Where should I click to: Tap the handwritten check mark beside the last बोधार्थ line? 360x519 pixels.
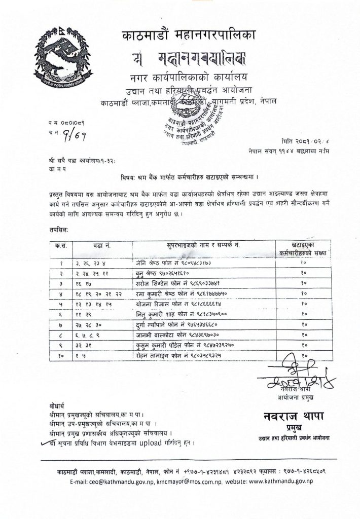tap(46, 442)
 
